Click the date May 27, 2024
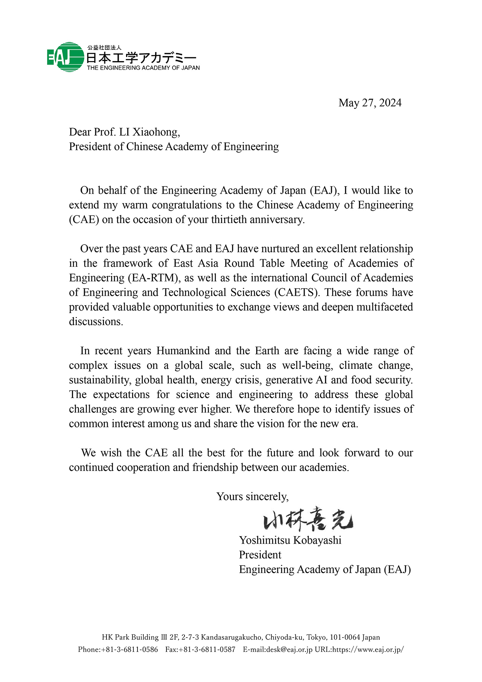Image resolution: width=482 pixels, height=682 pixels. tap(370, 103)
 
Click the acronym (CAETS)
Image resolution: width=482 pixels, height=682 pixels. tap(297, 293)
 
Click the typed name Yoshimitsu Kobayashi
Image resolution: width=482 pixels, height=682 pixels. tap(290, 540)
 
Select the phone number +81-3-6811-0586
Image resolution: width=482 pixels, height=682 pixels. tap(130, 650)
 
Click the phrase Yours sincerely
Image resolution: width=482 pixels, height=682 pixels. tap(252, 497)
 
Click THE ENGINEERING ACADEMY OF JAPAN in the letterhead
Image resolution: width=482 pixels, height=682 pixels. tap(143, 68)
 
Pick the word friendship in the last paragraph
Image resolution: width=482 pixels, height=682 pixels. tap(215, 468)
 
